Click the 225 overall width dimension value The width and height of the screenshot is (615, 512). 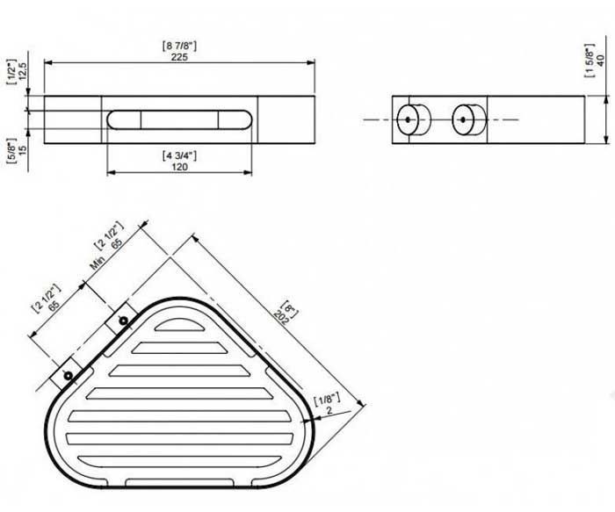click(x=179, y=57)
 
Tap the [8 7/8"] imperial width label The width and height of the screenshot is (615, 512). click(x=179, y=46)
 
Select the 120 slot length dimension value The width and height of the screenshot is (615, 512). click(x=179, y=167)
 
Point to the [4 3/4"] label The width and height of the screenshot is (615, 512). click(x=179, y=155)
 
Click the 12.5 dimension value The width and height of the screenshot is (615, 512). click(x=22, y=71)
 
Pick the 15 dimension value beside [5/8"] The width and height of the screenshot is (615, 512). click(x=22, y=150)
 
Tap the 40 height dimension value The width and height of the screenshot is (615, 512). click(x=600, y=61)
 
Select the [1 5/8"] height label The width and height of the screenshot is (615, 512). click(x=590, y=61)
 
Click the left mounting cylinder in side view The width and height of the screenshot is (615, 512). click(x=414, y=119)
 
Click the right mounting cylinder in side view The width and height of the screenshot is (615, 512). click(x=469, y=119)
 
